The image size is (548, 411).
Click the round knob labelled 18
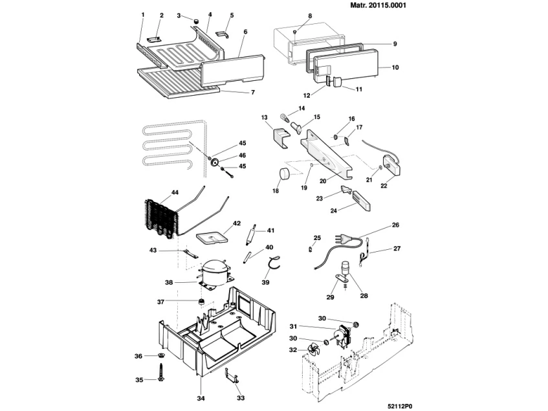click(x=285, y=173)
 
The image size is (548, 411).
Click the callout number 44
click(x=175, y=192)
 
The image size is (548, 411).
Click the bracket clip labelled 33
click(x=232, y=379)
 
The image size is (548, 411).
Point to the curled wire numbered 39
click(x=274, y=263)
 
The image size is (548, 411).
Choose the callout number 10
click(x=395, y=67)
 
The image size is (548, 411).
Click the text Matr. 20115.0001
click(x=378, y=6)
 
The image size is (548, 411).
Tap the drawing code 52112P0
click(x=400, y=406)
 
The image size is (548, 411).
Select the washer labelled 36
click(x=162, y=356)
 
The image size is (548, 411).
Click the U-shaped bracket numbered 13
click(x=281, y=138)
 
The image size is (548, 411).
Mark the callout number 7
click(x=253, y=93)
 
